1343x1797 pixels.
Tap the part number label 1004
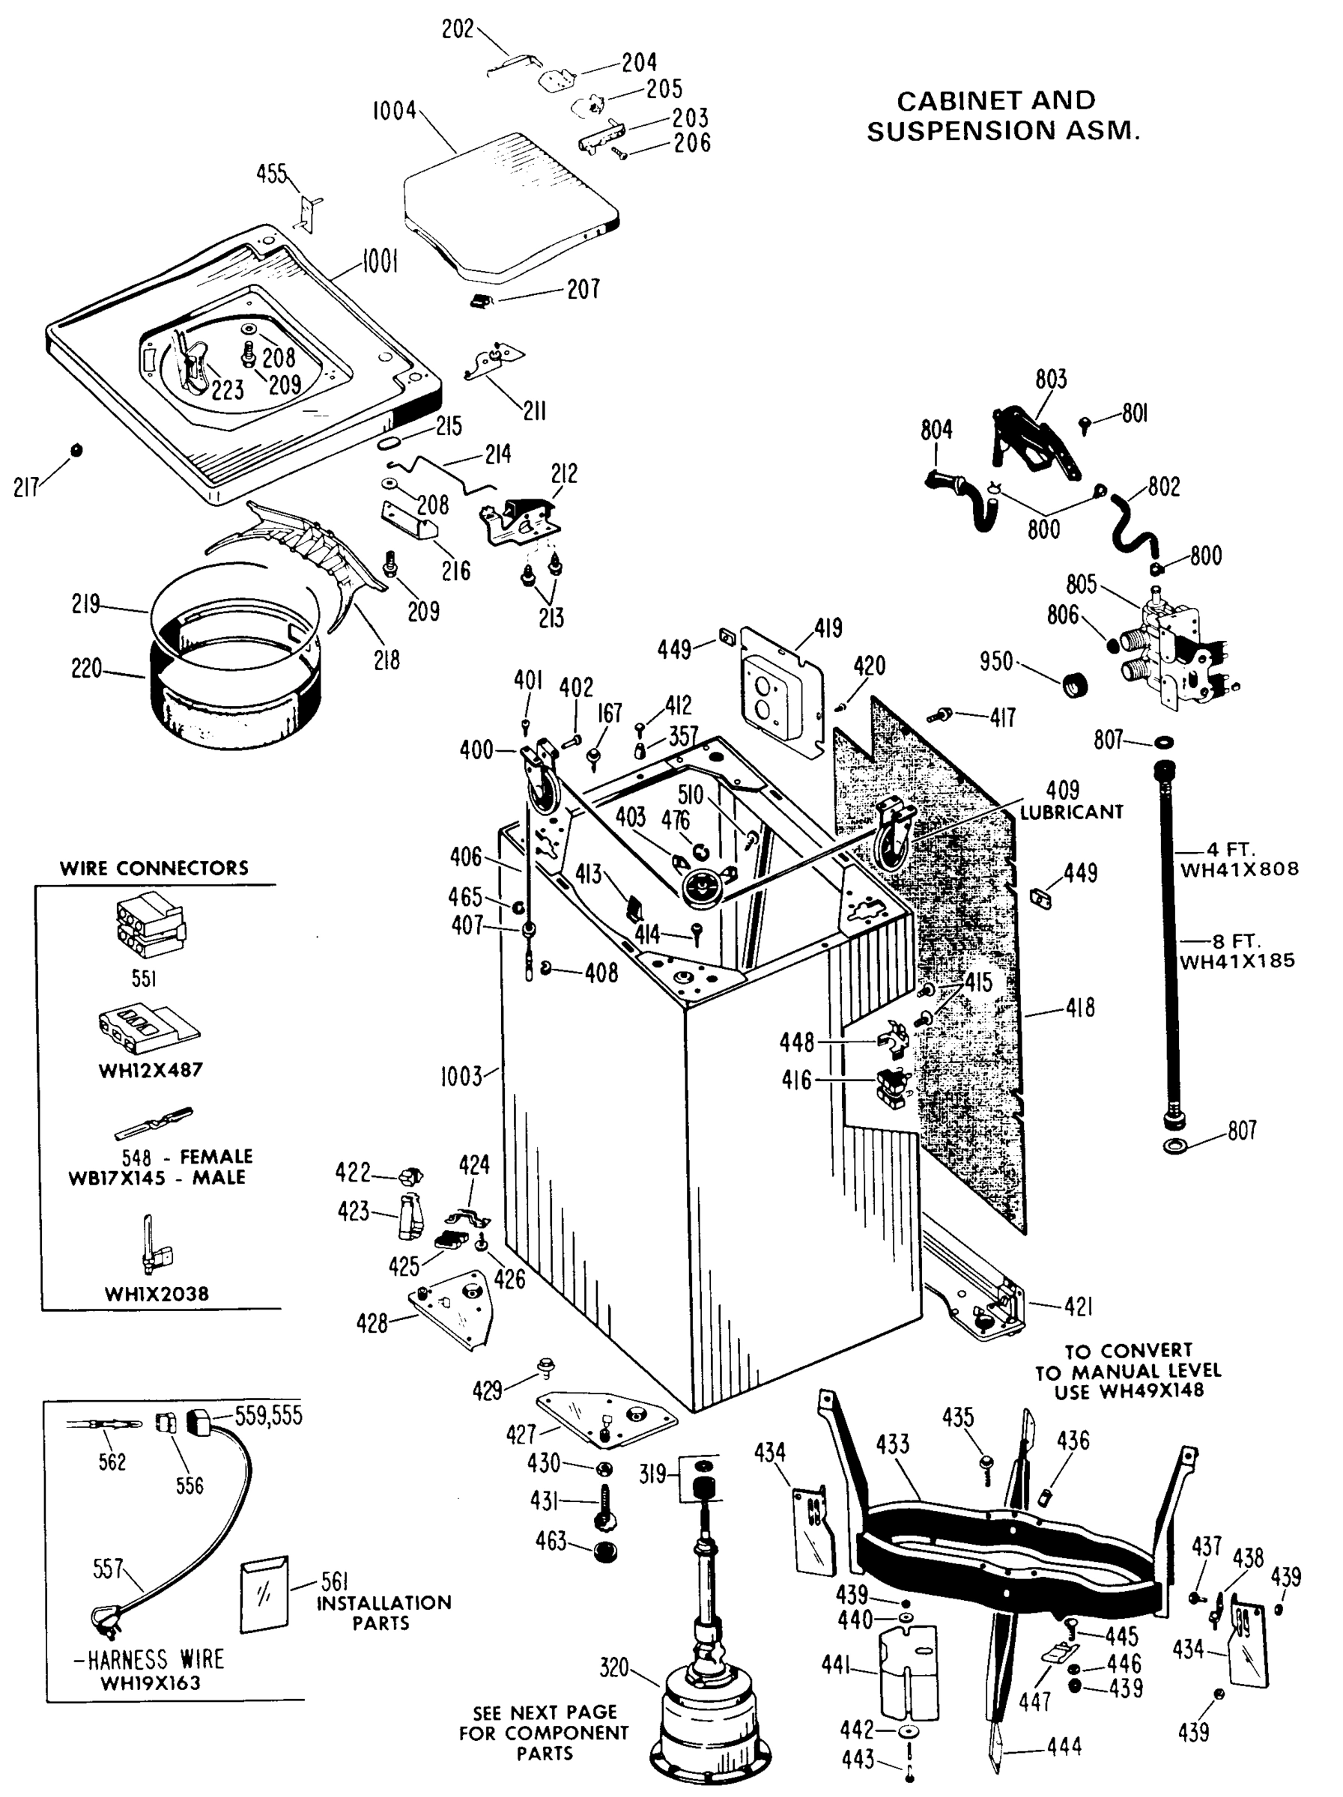coord(393,111)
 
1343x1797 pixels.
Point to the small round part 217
coord(77,449)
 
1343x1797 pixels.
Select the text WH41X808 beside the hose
coord(1238,869)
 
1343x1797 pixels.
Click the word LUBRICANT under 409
coord(1071,812)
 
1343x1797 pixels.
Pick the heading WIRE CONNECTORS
coord(154,868)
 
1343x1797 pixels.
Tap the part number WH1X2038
coord(157,1294)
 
